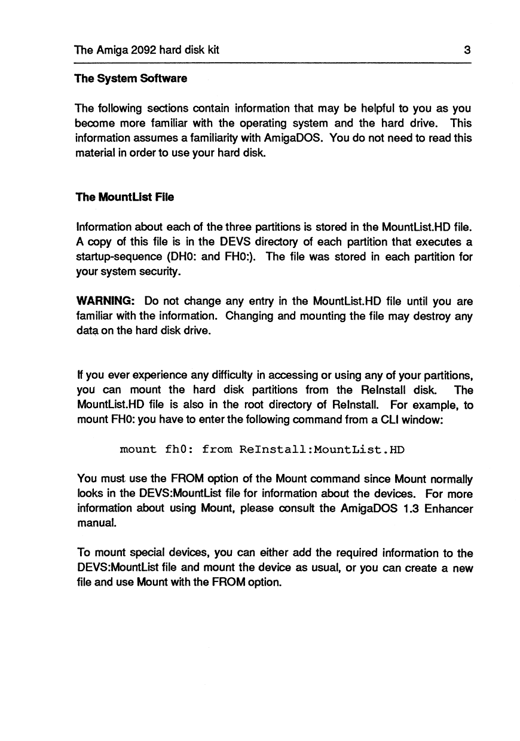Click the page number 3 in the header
point(468,50)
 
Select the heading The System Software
point(131,78)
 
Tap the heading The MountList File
point(124,197)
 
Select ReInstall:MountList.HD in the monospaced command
point(316,448)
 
